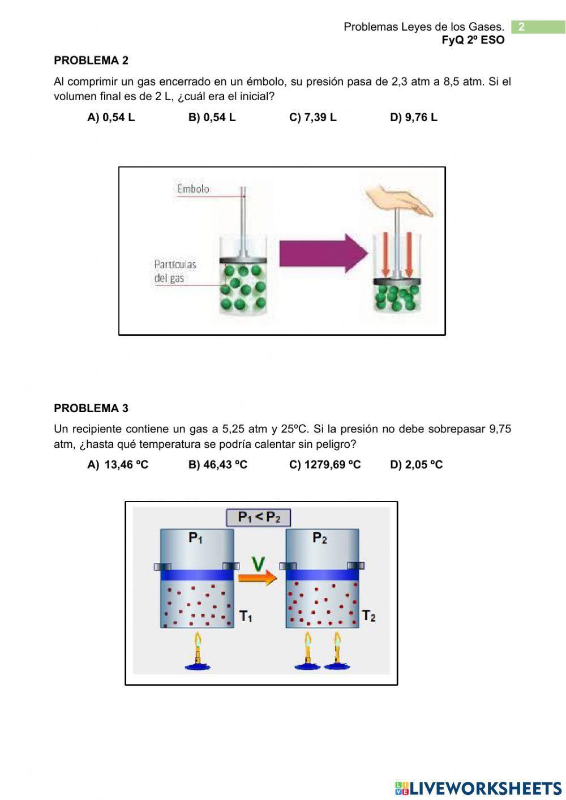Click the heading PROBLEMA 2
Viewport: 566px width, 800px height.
91,61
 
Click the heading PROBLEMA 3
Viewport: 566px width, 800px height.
91,408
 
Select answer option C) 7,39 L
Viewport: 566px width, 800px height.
312,117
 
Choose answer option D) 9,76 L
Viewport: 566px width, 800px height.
413,117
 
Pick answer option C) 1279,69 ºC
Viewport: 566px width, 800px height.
325,465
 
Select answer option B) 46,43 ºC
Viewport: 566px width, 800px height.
218,465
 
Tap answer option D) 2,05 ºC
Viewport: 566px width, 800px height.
416,465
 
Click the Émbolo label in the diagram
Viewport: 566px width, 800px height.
193,189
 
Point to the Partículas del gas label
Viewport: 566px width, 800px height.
175,271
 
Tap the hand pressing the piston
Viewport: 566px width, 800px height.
400,201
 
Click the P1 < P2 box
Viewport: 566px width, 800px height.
259,517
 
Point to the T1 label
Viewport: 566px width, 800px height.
246,616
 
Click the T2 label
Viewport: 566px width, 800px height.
369,615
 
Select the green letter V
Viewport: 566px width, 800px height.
258,563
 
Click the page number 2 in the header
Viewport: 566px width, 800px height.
521,27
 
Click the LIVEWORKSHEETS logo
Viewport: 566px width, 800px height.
478,788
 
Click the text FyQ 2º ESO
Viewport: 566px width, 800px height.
473,40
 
